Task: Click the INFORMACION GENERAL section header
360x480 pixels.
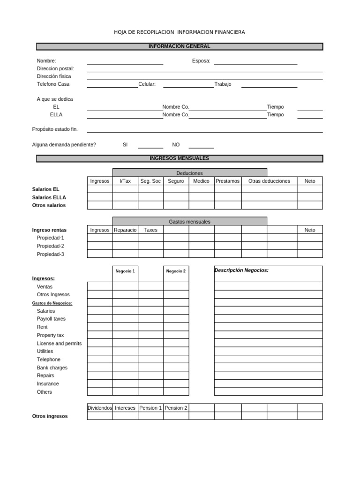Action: (180, 46)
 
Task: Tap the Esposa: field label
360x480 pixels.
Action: (201, 60)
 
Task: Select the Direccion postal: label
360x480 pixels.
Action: (55, 68)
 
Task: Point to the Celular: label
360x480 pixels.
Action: (147, 84)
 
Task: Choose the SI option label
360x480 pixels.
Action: (125, 145)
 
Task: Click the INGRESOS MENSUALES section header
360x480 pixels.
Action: (180, 158)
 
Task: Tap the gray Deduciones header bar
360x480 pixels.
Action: (189, 173)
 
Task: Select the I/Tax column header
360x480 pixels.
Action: (125, 181)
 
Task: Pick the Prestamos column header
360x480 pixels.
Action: (227, 181)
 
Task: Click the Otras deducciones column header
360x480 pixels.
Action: (269, 181)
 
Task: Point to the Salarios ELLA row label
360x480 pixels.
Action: (49, 197)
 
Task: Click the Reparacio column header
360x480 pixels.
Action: (125, 230)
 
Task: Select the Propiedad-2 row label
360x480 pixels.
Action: (51, 246)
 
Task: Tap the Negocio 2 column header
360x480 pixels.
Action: (176, 271)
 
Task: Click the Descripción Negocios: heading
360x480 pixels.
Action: (241, 270)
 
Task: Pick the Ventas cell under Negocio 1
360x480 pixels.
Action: (125, 286)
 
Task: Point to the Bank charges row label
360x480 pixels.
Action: (52, 367)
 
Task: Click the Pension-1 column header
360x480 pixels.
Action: (150, 408)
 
